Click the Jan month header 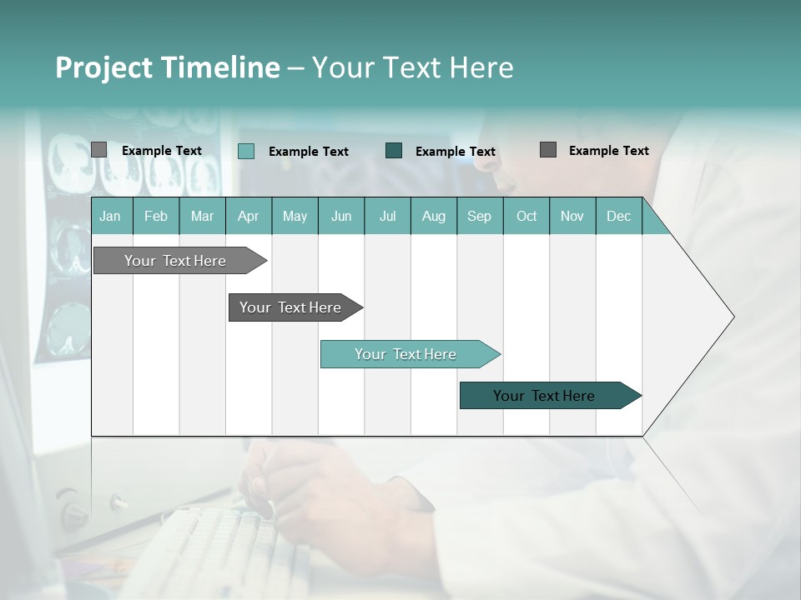(x=111, y=216)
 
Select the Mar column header (x=202, y=216)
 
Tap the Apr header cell (x=249, y=216)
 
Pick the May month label (x=295, y=216)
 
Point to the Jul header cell (x=387, y=216)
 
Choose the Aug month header (x=434, y=216)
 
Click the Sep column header (x=480, y=216)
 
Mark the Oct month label (x=526, y=216)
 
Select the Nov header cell (x=572, y=216)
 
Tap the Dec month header (x=619, y=216)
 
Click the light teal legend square (x=246, y=151)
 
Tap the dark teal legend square (x=394, y=150)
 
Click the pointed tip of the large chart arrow (x=731, y=317)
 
